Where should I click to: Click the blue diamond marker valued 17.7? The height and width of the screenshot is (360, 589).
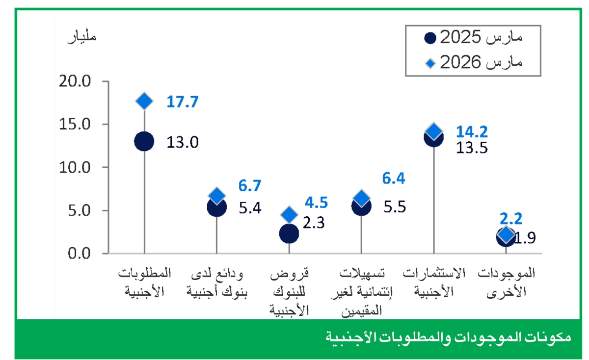click(x=144, y=101)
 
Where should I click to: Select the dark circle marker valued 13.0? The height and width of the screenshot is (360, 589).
click(x=144, y=141)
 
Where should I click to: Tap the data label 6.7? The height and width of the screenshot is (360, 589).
click(x=250, y=185)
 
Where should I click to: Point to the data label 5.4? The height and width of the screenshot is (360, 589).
click(x=250, y=207)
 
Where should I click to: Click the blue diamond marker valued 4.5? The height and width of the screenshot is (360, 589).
click(x=289, y=214)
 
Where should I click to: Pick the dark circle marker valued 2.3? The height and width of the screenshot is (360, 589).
click(x=289, y=233)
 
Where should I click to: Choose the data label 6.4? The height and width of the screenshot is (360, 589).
click(x=394, y=178)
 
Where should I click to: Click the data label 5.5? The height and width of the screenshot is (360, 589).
click(x=395, y=206)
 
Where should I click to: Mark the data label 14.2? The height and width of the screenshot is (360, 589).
click(x=472, y=131)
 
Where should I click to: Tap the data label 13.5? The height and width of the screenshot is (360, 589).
click(x=472, y=148)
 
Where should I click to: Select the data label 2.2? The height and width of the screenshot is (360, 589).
click(x=510, y=218)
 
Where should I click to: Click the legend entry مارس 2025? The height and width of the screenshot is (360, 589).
click(x=473, y=37)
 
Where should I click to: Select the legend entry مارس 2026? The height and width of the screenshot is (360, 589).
click(x=473, y=63)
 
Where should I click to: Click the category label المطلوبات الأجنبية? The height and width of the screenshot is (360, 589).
click(x=144, y=282)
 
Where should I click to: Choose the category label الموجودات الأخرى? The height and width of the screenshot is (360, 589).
click(x=506, y=282)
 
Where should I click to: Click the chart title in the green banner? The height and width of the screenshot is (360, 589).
click(x=448, y=337)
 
